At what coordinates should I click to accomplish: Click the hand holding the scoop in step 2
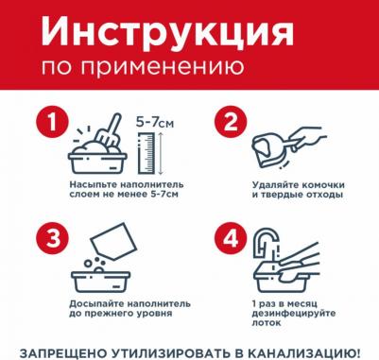point(311,143)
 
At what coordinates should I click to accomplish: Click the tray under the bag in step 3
point(103,280)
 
